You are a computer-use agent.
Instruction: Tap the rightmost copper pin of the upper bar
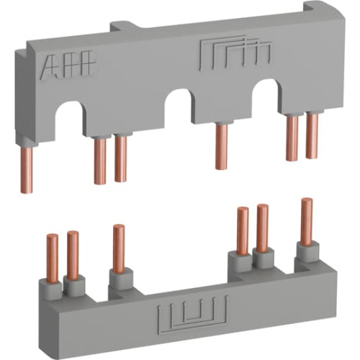[312, 136]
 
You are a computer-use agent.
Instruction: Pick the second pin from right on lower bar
[263, 227]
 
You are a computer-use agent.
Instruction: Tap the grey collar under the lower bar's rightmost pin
[307, 251]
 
